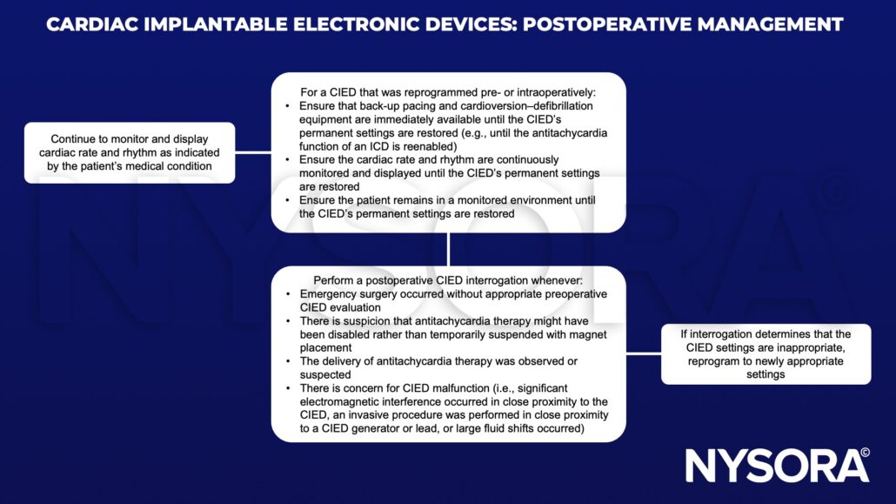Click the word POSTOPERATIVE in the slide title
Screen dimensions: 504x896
[588, 24]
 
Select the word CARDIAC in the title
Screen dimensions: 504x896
[86, 24]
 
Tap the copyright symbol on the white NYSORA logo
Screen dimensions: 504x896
[864, 453]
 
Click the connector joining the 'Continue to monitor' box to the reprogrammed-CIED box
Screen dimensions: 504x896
[253, 152]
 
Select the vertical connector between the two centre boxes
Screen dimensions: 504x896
[448, 249]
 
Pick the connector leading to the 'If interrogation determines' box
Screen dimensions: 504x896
[643, 353]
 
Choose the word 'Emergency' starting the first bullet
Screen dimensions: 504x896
[332, 294]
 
